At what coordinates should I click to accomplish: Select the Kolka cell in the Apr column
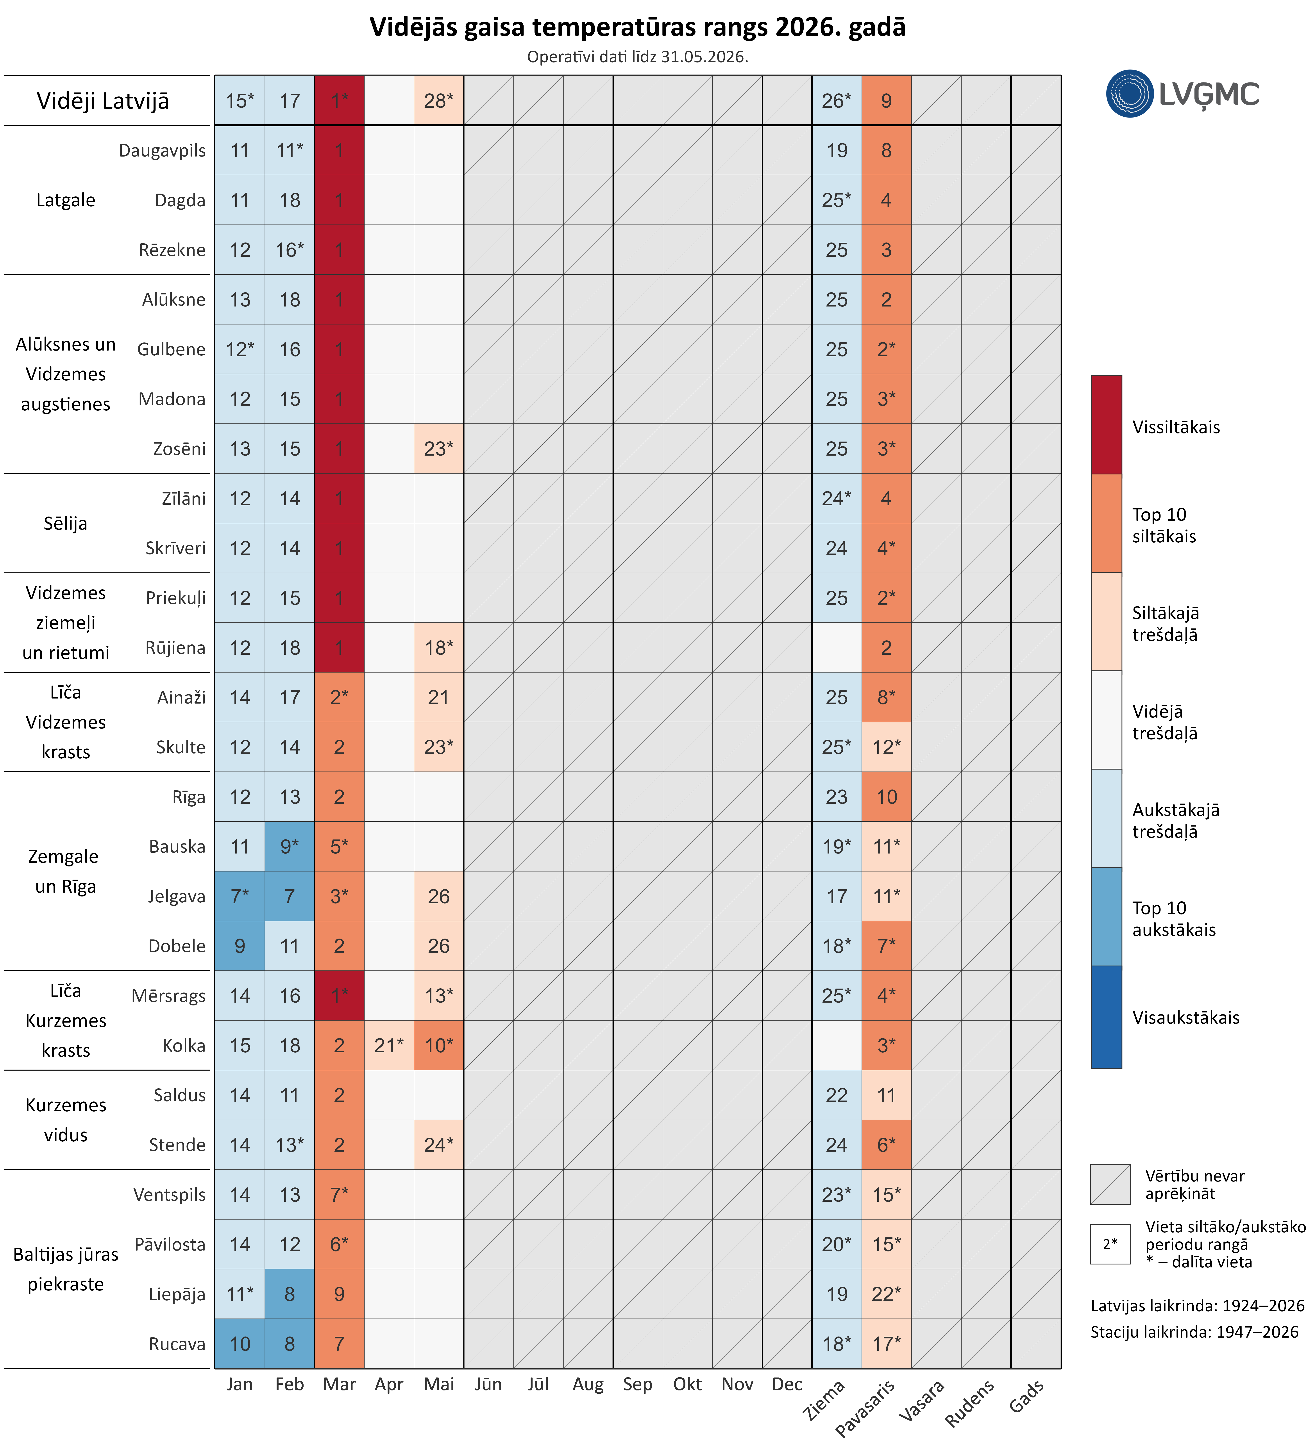click(389, 1045)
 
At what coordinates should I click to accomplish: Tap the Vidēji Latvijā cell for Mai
click(439, 100)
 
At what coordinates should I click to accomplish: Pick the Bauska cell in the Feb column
click(289, 846)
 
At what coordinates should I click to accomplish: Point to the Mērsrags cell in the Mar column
click(340, 996)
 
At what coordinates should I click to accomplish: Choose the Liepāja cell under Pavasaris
click(887, 1294)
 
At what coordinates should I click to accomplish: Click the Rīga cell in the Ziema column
click(837, 797)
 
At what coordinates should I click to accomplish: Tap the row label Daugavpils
click(162, 151)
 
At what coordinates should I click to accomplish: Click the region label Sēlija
click(65, 523)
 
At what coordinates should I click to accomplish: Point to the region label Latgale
click(65, 200)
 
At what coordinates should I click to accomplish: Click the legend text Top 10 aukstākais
click(1174, 919)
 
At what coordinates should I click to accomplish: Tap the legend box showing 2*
click(1110, 1244)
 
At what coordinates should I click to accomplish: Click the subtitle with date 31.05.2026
click(638, 57)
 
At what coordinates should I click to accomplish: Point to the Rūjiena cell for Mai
click(439, 647)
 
